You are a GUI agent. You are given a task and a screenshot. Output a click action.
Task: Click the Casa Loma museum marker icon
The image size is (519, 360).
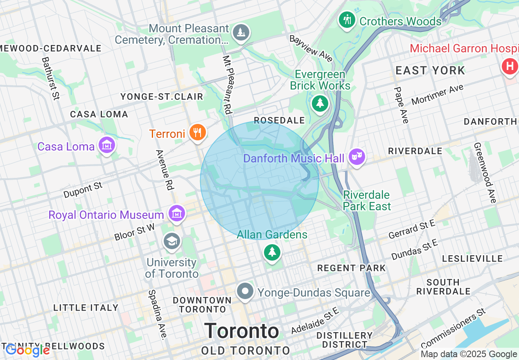pyautogui.click(x=106, y=145)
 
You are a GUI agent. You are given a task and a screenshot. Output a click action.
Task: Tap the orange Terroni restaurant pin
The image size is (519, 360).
pyautogui.click(x=197, y=132)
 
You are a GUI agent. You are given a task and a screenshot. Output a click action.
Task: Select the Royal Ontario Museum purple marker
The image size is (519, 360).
pyautogui.click(x=177, y=214)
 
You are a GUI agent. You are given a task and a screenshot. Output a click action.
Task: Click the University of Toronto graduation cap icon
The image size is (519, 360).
pyautogui.click(x=172, y=241)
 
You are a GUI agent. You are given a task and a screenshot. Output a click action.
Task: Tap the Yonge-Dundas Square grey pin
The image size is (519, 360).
pyautogui.click(x=245, y=292)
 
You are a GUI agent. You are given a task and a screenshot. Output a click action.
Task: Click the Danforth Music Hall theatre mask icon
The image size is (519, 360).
pyautogui.click(x=357, y=156)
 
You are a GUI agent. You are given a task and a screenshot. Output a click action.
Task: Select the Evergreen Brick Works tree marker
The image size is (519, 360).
pyautogui.click(x=320, y=103)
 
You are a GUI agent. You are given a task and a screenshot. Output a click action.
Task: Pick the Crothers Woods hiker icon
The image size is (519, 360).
pyautogui.click(x=347, y=20)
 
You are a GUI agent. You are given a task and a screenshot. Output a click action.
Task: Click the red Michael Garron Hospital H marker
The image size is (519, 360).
pyautogui.click(x=510, y=66)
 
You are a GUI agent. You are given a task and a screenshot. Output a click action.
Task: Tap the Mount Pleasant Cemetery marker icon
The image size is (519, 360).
pyautogui.click(x=241, y=32)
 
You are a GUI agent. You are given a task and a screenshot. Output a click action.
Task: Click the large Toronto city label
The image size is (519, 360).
pyautogui.click(x=242, y=331)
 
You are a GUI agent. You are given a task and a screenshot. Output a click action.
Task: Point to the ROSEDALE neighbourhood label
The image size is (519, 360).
pyautogui.click(x=279, y=120)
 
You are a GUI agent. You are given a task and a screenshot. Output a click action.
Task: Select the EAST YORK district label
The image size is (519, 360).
pyautogui.click(x=430, y=71)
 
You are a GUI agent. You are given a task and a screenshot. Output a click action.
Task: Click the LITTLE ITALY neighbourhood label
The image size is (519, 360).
pyautogui.click(x=86, y=308)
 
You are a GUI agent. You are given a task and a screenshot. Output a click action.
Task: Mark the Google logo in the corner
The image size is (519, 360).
pyautogui.click(x=27, y=350)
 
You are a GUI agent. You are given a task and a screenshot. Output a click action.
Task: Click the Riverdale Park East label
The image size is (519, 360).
pyautogui.click(x=367, y=200)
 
